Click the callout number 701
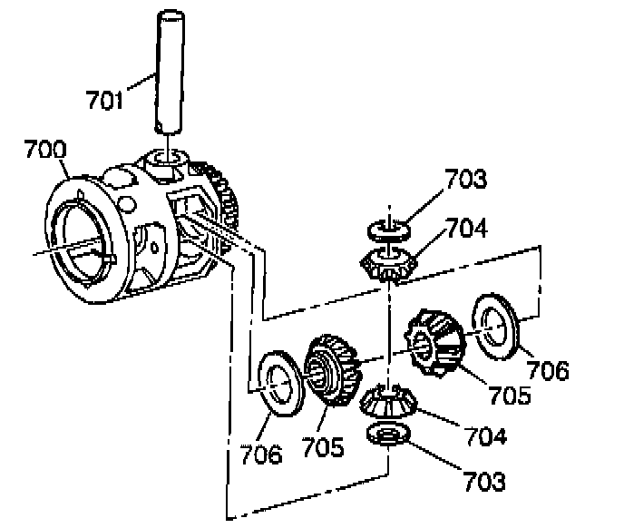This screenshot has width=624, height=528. [x=105, y=100]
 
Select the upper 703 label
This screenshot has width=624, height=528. [x=465, y=179]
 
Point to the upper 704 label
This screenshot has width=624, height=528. [x=466, y=229]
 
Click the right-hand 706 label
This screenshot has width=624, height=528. [x=549, y=370]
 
